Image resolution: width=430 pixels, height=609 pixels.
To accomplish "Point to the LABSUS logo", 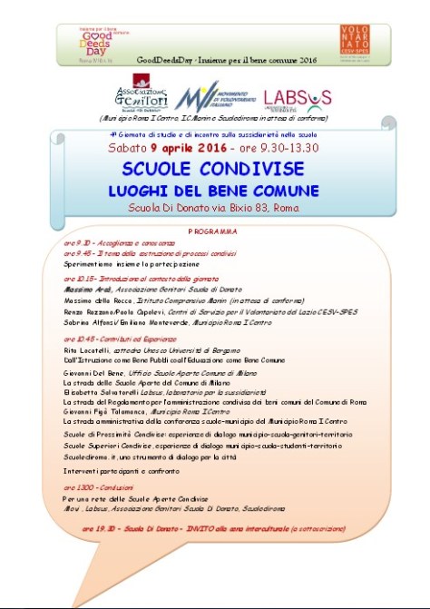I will coord(297,98).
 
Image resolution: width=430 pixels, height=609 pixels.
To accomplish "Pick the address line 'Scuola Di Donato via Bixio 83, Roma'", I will coord(214,210).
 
